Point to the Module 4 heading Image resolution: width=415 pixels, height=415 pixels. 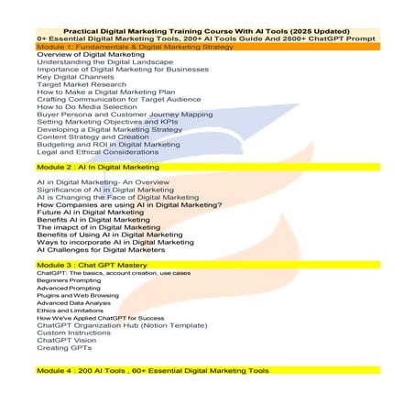152,371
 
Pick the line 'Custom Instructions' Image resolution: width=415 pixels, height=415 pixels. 74,333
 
